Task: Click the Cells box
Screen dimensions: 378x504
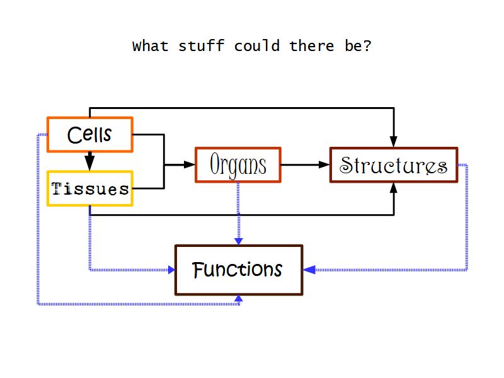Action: tap(89, 134)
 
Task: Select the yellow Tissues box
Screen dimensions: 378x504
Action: tap(89, 188)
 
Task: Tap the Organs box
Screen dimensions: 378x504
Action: tap(238, 165)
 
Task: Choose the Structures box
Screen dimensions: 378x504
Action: tap(394, 165)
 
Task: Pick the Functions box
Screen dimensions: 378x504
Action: tap(238, 270)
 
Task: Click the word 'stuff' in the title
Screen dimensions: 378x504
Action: tap(201, 47)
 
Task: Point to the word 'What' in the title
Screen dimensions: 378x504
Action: tap(151, 47)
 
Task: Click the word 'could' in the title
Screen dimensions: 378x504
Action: tap(256, 47)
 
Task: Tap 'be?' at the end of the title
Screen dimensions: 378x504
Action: tap(358, 47)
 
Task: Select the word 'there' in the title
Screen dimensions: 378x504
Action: tap(312, 47)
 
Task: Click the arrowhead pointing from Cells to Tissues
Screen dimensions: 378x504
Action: tap(89, 164)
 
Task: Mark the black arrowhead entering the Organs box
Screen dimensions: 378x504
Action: tap(190, 165)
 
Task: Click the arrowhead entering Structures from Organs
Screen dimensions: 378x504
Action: tap(324, 165)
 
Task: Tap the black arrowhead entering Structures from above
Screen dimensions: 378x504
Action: tap(394, 141)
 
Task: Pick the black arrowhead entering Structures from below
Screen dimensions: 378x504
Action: tap(394, 188)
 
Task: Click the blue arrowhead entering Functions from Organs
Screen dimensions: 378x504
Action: tap(238, 240)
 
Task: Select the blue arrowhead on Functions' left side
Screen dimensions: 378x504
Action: tap(170, 270)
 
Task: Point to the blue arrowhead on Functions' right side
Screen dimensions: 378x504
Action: tap(309, 270)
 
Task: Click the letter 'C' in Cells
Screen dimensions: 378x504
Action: tap(74, 135)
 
